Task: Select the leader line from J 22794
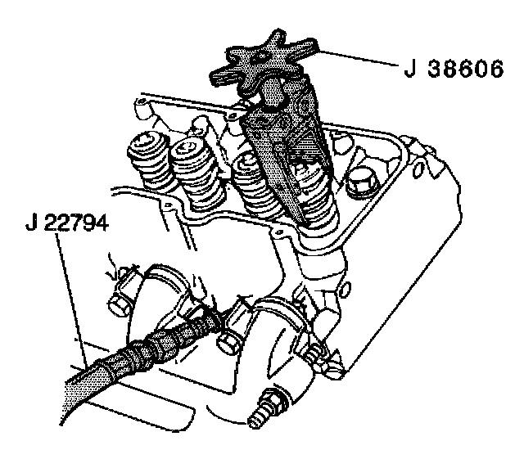(72, 295)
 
